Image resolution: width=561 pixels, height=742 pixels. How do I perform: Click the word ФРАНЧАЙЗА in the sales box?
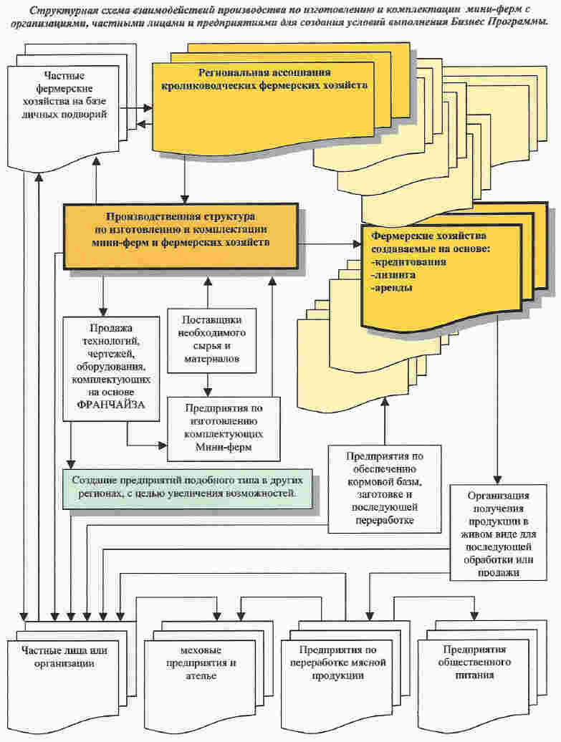(110, 405)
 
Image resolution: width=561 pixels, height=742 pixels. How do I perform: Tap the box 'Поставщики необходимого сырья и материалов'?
(211, 341)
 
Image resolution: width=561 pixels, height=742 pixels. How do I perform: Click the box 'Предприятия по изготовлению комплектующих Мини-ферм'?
(224, 428)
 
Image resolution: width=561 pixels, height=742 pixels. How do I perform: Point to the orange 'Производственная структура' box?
(181, 236)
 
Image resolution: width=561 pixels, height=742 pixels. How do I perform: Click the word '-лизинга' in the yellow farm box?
(387, 275)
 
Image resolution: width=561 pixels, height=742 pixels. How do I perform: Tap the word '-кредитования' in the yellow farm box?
(408, 261)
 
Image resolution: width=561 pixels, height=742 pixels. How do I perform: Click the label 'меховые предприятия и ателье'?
(201, 663)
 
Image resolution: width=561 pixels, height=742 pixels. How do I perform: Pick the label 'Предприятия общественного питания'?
(474, 662)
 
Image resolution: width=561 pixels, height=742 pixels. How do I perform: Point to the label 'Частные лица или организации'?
(64, 657)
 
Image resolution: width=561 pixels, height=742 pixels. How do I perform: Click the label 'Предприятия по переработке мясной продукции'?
(338, 663)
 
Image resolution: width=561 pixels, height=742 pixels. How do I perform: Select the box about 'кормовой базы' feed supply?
(385, 489)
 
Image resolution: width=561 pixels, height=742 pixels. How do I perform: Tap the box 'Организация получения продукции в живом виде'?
(498, 532)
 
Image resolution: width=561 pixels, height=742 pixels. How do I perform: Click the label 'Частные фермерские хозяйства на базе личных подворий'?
(64, 95)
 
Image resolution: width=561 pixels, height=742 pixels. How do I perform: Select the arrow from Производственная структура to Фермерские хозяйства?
(330, 244)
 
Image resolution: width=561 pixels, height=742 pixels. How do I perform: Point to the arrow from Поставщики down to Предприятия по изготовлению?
(207, 385)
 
